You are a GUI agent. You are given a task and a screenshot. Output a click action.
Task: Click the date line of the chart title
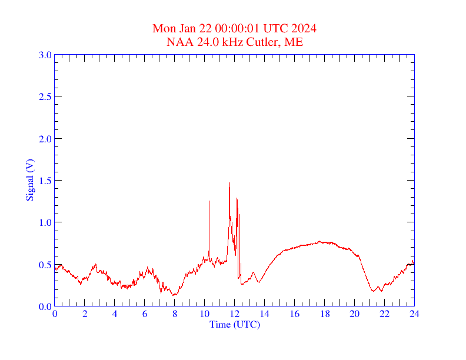[x=235, y=28]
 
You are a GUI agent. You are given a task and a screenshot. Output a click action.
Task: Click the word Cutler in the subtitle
[x=266, y=42]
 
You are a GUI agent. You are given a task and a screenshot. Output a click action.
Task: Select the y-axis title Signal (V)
[x=29, y=180]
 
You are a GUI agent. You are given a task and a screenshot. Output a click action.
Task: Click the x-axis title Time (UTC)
[x=234, y=324]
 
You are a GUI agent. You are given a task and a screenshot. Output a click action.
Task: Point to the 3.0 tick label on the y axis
[x=45, y=55]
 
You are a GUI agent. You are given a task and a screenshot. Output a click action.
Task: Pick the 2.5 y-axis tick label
[x=45, y=96]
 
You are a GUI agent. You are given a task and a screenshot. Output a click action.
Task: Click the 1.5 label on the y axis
[x=45, y=181]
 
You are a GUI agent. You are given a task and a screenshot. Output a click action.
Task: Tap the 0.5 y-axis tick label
[x=45, y=265]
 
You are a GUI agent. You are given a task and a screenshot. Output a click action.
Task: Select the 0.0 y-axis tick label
[x=45, y=306]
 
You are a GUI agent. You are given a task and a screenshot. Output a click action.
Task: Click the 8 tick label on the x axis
[x=175, y=314]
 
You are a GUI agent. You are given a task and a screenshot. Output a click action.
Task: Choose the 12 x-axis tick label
[x=235, y=314]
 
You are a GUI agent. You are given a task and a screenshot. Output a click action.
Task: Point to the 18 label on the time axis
[x=325, y=314]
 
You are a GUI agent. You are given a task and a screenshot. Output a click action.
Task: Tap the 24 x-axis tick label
[x=414, y=314]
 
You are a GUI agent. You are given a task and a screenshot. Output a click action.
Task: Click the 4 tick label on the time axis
[x=115, y=314]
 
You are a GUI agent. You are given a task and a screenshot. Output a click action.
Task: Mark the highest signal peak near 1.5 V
[x=229, y=183]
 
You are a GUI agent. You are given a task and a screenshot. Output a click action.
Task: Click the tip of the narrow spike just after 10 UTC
[x=209, y=201]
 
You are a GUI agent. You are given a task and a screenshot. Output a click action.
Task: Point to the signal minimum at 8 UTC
[x=174, y=295]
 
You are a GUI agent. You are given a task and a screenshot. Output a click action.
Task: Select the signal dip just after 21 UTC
[x=373, y=291]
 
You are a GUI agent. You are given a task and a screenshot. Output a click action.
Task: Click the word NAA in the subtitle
[x=178, y=42]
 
